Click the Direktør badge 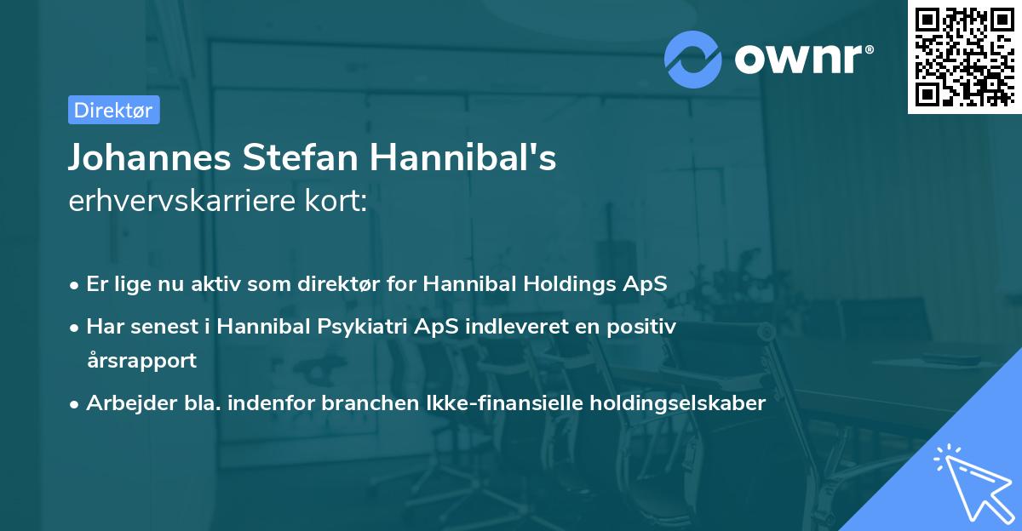click(x=113, y=111)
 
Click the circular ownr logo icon click(x=693, y=60)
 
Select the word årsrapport click(x=141, y=360)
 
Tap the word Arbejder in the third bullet click(x=123, y=403)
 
